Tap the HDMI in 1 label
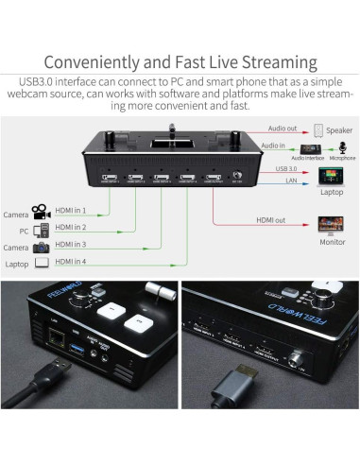coord(71,210)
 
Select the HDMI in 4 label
coord(71,261)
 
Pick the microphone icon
coord(337,148)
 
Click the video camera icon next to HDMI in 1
coord(40,211)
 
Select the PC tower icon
coord(41,229)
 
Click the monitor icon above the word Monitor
coord(331,225)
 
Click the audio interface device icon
coord(309,149)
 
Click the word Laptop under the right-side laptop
coord(331,191)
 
